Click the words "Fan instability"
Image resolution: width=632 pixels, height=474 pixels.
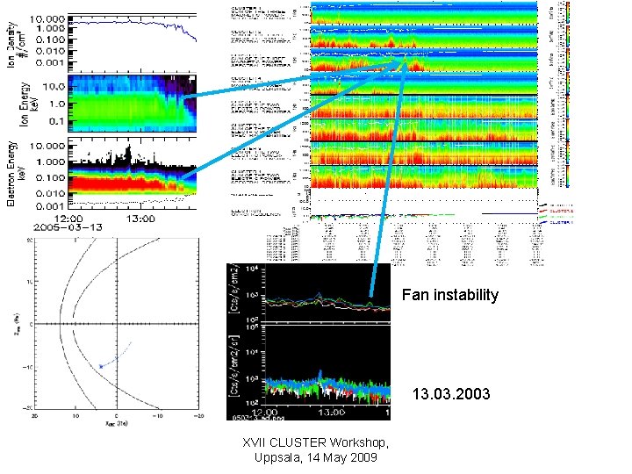click(x=449, y=295)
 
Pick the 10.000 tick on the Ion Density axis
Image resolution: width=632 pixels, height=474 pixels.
click(x=46, y=18)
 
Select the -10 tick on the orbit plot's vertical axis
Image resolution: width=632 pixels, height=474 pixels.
click(x=26, y=367)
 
